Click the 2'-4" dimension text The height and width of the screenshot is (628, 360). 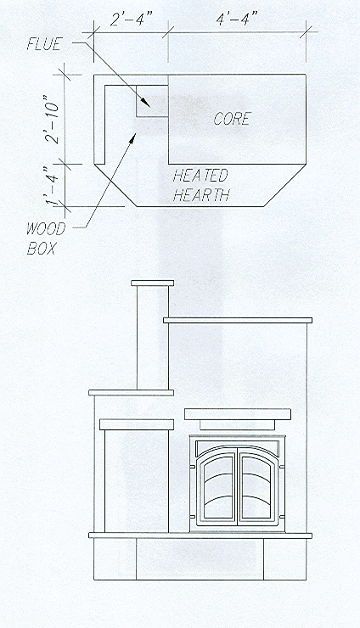point(132,20)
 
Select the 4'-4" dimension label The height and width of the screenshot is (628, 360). point(237,19)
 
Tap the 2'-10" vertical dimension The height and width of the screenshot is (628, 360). point(53,119)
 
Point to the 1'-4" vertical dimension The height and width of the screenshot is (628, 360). point(53,186)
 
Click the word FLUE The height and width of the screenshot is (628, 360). point(43,44)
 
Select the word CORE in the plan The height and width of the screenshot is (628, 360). point(233,119)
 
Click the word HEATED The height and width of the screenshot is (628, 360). point(200,176)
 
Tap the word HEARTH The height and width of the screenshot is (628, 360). point(201,195)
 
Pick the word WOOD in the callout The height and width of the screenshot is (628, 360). point(46,229)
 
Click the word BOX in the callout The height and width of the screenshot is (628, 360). point(41,249)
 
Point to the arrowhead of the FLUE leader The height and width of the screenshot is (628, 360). point(147,104)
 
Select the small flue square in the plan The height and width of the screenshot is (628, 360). point(152,101)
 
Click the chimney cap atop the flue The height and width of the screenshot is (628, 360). point(152,283)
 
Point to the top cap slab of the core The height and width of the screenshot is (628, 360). point(238,320)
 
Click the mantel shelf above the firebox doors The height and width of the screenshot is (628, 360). point(238,414)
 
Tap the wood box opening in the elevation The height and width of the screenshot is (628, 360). point(137,481)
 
